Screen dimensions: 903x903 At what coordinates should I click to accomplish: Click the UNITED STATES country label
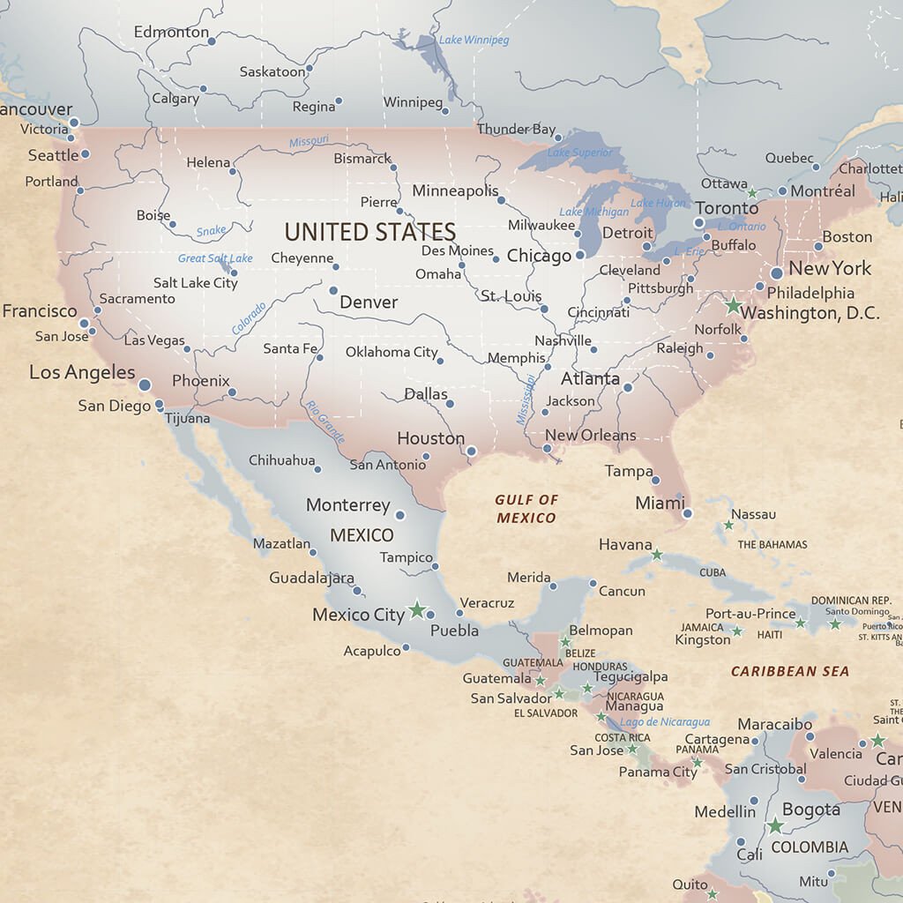point(369,232)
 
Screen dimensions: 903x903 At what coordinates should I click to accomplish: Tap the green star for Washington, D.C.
point(733,306)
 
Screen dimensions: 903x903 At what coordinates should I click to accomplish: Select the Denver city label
point(369,302)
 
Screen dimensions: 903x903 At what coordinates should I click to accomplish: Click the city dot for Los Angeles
point(145,384)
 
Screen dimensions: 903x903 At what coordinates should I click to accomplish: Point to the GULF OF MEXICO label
point(526,509)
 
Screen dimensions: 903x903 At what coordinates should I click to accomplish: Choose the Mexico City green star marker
point(418,610)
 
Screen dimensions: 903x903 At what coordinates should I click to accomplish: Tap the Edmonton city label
point(171,32)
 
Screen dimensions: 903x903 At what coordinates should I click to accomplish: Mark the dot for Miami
point(687,513)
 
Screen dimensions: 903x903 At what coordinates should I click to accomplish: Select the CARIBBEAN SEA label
point(790,671)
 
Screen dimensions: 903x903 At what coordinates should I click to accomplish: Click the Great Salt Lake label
point(215,258)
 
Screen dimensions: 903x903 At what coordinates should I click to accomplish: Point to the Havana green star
point(657,555)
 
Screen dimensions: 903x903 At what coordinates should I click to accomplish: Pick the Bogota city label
point(810,810)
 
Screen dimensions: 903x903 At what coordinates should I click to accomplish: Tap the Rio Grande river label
point(325,422)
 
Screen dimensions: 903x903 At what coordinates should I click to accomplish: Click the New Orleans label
point(590,435)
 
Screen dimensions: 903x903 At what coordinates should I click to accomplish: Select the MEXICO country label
point(362,535)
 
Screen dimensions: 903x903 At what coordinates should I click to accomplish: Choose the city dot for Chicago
point(580,255)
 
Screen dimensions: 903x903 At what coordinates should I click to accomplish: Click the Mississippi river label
point(526,399)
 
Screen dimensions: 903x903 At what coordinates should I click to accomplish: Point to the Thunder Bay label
point(516,129)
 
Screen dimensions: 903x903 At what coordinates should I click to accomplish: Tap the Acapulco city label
point(371,651)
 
